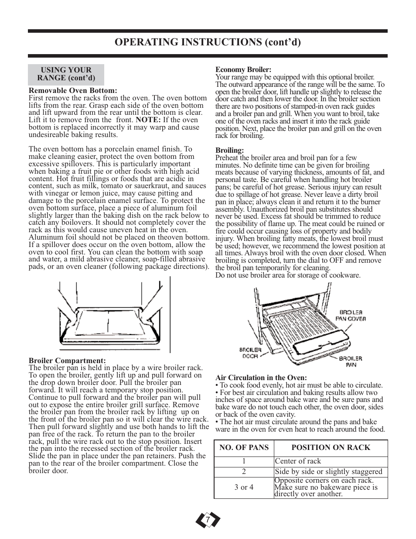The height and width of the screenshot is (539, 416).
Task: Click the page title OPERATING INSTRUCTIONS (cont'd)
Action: [x=208, y=42]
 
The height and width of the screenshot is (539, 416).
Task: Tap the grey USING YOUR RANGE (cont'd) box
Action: [x=66, y=75]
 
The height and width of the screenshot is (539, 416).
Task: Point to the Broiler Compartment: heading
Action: [x=67, y=360]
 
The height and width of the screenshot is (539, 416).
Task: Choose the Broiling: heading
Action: [x=229, y=151]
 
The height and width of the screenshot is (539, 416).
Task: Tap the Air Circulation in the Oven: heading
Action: [x=261, y=378]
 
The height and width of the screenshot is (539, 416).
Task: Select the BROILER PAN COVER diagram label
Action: [x=351, y=316]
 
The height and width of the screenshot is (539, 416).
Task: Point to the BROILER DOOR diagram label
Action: [x=250, y=353]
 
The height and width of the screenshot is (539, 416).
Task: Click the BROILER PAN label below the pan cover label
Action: [x=351, y=361]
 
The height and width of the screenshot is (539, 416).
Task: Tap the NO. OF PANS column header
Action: [x=244, y=448]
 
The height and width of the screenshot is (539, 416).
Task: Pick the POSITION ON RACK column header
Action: [x=331, y=448]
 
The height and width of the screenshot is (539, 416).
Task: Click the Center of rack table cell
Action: [x=298, y=461]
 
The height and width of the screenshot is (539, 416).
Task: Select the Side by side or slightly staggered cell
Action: [x=328, y=472]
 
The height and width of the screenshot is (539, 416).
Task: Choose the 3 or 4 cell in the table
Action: [x=244, y=487]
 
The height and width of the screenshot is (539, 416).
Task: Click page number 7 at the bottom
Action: [x=208, y=520]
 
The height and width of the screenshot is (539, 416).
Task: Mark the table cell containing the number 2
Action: [x=244, y=472]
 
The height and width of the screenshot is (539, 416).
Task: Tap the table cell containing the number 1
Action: [x=244, y=461]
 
